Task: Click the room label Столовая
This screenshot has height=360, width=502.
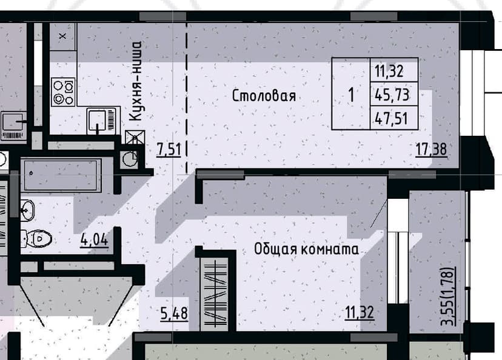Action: coord(264,96)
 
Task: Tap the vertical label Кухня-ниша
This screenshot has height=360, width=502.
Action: coord(136,81)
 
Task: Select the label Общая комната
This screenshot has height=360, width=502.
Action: coord(306,249)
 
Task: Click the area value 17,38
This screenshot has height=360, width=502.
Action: coord(431,150)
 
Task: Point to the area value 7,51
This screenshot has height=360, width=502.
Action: coord(169,150)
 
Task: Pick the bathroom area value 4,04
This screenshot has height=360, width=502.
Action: coord(94,239)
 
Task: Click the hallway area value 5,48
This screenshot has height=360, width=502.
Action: coord(174,313)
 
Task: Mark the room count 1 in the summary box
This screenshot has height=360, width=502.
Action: coord(352,95)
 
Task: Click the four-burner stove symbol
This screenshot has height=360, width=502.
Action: coord(64,92)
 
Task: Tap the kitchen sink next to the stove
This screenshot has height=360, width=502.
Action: coord(101,121)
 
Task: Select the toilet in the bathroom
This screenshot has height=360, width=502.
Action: coord(36,238)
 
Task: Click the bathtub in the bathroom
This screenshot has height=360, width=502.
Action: coord(61,175)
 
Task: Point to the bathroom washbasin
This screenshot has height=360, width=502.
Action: coord(27,210)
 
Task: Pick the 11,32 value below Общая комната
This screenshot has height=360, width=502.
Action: coord(360,312)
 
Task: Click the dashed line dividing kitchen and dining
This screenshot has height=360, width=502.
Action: coord(187,98)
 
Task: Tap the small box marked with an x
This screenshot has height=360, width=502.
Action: coord(63,36)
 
